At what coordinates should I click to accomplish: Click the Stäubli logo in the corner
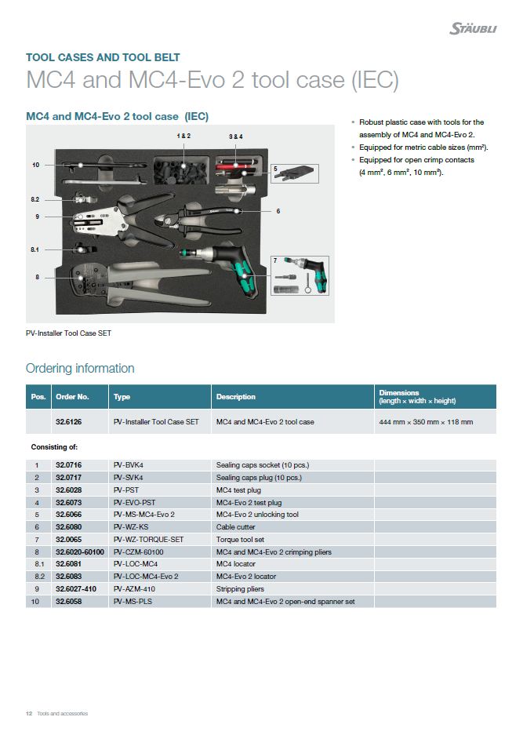(x=472, y=29)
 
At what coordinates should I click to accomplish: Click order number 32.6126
(x=69, y=422)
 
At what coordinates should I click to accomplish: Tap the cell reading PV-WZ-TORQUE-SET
(x=149, y=540)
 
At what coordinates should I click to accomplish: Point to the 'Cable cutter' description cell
(x=237, y=527)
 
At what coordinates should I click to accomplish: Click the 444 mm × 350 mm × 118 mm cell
(x=426, y=422)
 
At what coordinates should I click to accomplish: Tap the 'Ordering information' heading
(x=80, y=369)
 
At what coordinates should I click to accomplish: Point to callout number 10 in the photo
(x=36, y=165)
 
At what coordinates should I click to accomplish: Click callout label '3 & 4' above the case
(x=236, y=137)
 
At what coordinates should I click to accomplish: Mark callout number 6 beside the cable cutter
(x=278, y=211)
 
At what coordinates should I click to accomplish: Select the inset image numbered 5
(x=296, y=174)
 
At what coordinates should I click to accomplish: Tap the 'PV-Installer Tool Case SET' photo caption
(x=69, y=333)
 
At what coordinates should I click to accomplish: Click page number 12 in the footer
(x=29, y=713)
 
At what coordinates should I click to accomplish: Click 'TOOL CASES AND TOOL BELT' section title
(x=103, y=57)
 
